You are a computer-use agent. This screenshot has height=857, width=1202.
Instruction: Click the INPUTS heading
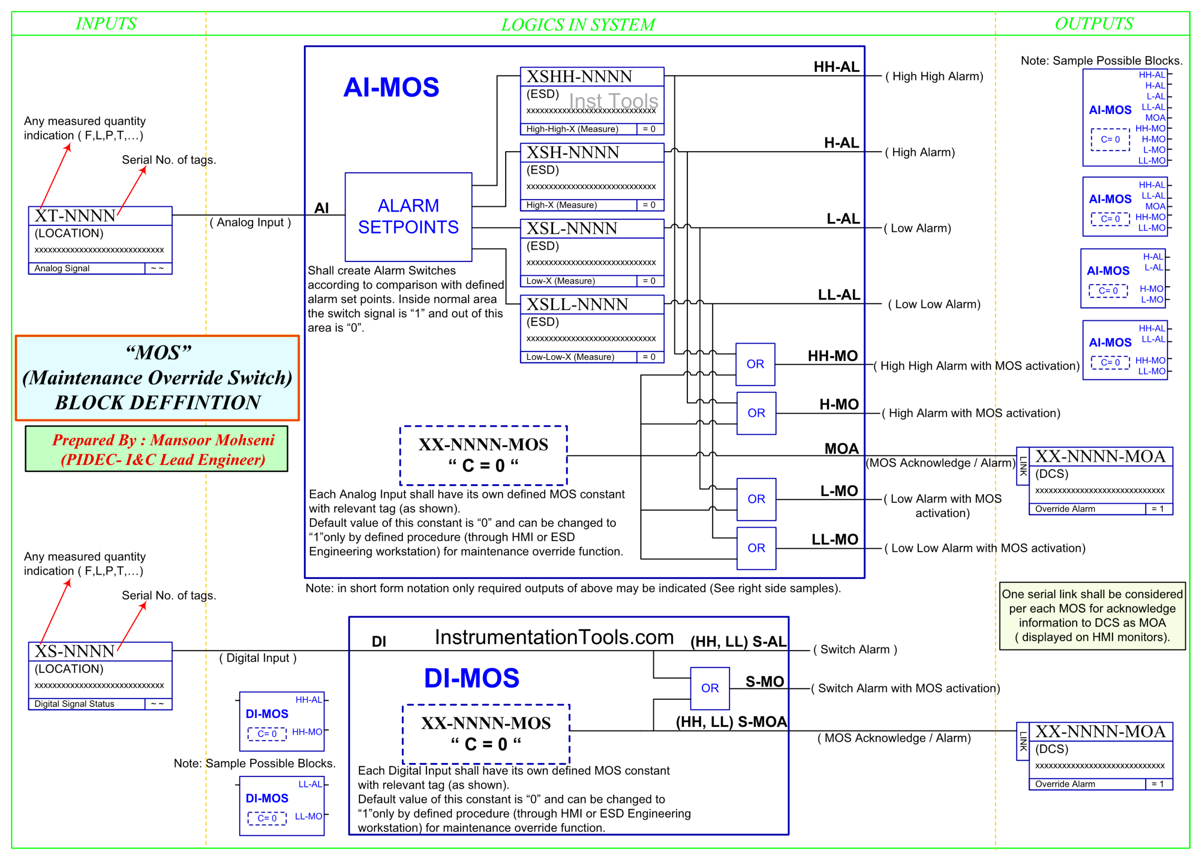pyautogui.click(x=106, y=24)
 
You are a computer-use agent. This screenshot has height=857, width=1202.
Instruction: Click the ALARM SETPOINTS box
pyautogui.click(x=408, y=216)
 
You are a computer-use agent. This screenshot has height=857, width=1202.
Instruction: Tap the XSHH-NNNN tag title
pyautogui.click(x=579, y=77)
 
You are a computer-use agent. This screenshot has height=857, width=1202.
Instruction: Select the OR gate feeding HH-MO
pyautogui.click(x=755, y=364)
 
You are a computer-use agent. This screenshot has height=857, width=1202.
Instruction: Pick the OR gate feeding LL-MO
pyautogui.click(x=756, y=548)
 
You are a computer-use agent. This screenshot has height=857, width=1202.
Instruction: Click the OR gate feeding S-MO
pyautogui.click(x=709, y=688)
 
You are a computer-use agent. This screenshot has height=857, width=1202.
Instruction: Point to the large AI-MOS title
pyautogui.click(x=391, y=87)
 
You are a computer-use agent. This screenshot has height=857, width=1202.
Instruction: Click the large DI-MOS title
pyautogui.click(x=471, y=678)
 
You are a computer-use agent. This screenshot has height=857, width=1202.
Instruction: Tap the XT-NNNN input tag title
pyautogui.click(x=75, y=216)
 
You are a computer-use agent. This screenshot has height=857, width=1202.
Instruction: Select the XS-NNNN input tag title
pyautogui.click(x=75, y=651)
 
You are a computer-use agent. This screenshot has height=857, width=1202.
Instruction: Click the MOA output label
pyautogui.click(x=841, y=449)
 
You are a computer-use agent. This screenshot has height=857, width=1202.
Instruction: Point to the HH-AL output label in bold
pyautogui.click(x=836, y=67)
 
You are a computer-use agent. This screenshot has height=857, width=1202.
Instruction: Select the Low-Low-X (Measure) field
pyautogui.click(x=570, y=357)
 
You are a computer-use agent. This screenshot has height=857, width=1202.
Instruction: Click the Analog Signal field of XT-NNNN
pyautogui.click(x=62, y=268)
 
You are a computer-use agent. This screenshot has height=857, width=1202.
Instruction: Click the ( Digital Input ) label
pyautogui.click(x=258, y=658)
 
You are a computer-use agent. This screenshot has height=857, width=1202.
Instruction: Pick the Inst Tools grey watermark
pyautogui.click(x=613, y=101)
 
